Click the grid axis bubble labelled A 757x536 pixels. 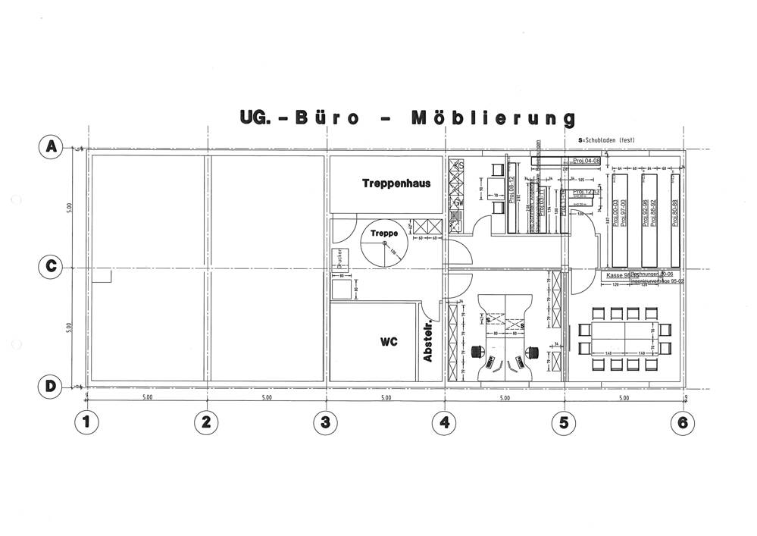click(x=51, y=147)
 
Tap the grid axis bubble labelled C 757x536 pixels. click(x=51, y=267)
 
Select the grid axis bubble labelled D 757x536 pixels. click(x=51, y=386)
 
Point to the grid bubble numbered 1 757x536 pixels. click(x=86, y=423)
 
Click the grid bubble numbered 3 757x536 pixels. click(x=325, y=423)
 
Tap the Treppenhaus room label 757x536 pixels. click(x=386, y=183)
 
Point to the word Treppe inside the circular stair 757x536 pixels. click(x=383, y=234)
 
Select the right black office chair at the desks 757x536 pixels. click(x=531, y=352)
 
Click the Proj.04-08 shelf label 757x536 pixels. click(x=586, y=161)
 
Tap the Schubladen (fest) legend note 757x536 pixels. click(x=606, y=141)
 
